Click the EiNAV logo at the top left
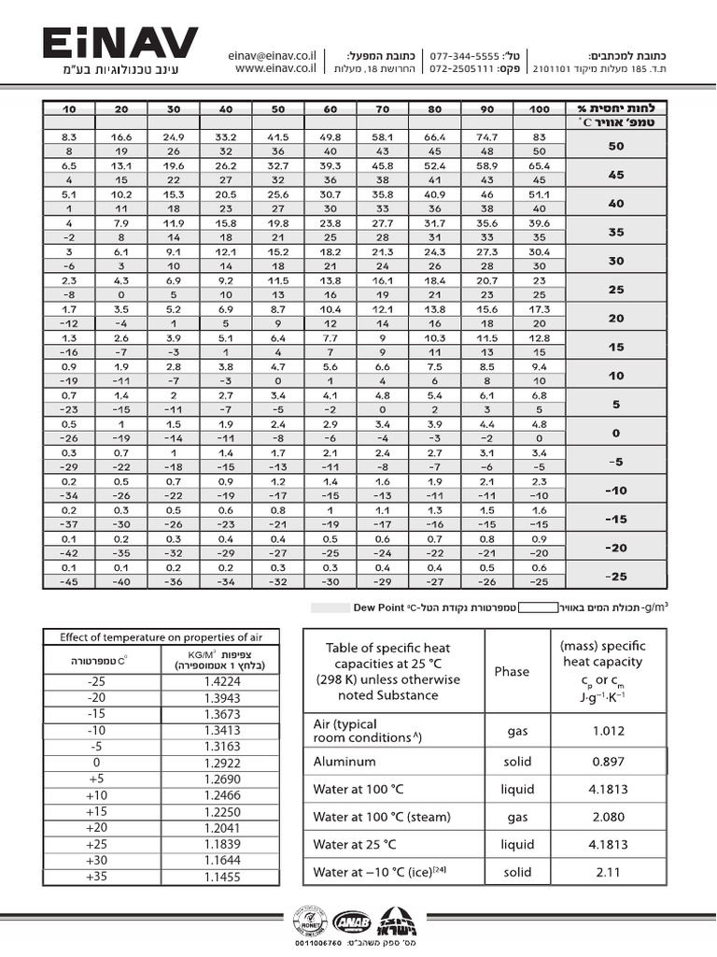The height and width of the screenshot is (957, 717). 119,45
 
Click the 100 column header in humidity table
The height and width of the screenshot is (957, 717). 539,109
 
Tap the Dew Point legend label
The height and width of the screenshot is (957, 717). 379,607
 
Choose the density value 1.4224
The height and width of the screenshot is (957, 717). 222,680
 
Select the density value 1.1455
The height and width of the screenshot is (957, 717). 222,877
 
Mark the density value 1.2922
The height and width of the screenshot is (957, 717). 222,763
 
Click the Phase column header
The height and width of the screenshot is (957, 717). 512,671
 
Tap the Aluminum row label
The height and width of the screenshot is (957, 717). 344,762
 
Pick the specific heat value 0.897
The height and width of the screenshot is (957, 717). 608,762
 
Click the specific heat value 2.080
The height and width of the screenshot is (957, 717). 608,817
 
